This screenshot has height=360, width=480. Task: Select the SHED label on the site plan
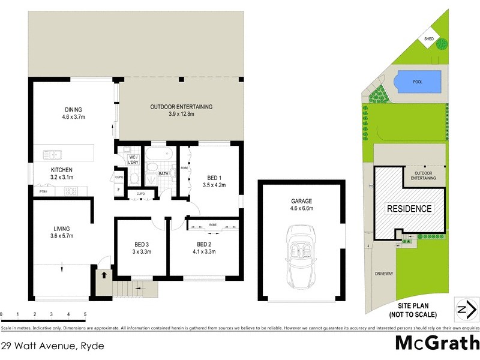(428, 39)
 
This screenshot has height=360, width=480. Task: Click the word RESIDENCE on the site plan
(409, 209)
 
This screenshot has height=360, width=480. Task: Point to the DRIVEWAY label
(383, 274)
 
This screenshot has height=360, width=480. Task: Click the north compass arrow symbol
(466, 310)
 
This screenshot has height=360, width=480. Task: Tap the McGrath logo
(436, 343)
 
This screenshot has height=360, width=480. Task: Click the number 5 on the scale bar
(85, 314)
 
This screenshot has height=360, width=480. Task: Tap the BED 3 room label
(142, 248)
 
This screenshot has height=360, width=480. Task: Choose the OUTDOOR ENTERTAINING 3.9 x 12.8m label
(181, 110)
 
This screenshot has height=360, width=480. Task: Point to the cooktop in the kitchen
(71, 192)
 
